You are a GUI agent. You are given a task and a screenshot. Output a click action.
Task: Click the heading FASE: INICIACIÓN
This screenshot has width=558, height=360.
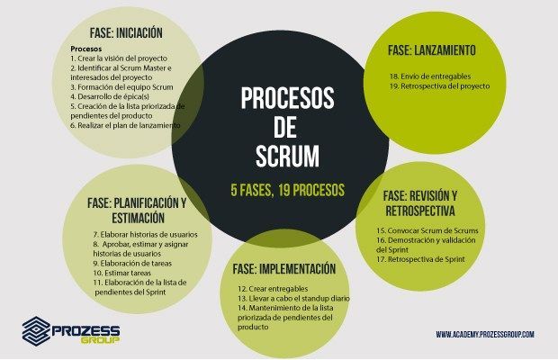coord(126,32)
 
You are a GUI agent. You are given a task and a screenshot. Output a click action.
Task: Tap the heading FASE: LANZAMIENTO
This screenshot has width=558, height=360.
coord(432,50)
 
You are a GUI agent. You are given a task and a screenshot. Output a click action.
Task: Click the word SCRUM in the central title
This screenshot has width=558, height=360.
coord(287,157)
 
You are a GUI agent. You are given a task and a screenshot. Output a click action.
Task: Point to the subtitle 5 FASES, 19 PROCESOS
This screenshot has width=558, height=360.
coord(287,191)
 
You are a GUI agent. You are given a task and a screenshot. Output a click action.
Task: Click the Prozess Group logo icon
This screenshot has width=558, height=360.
coord(35,330)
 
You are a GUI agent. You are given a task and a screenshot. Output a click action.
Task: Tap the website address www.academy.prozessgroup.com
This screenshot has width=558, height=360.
coord(485,335)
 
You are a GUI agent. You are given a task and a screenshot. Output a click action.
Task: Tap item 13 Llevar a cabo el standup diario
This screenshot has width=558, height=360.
coord(288,298)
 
